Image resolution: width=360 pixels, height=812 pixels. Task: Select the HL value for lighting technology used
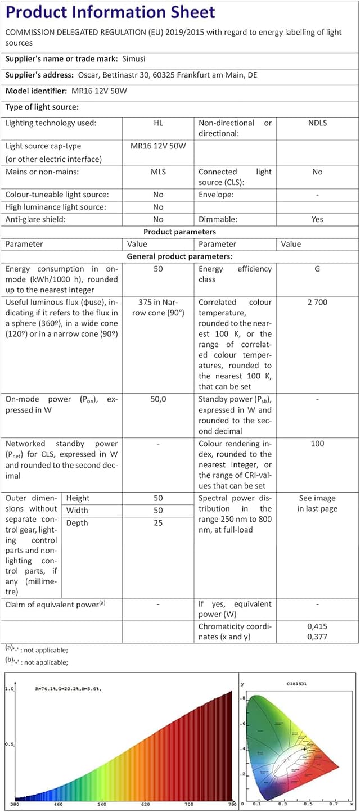point(158,123)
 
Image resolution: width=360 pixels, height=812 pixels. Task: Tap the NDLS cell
point(317,123)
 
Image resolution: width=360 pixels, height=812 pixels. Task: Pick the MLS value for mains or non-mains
point(158,172)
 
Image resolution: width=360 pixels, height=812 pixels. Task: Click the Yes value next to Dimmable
point(317,220)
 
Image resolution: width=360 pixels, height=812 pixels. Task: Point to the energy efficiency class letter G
point(317,269)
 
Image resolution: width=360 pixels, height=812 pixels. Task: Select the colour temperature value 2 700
point(317,303)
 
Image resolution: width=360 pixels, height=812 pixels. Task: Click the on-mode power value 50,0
point(158,399)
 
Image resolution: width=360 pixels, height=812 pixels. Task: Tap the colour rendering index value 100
point(317,444)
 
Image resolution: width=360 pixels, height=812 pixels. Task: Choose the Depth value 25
point(158,523)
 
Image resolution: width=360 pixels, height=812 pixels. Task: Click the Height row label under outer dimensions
point(78,498)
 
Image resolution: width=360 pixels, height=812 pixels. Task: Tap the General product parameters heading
point(179,256)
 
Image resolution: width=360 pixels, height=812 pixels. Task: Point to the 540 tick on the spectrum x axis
point(102,804)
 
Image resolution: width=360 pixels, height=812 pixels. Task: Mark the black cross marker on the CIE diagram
point(304,750)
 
